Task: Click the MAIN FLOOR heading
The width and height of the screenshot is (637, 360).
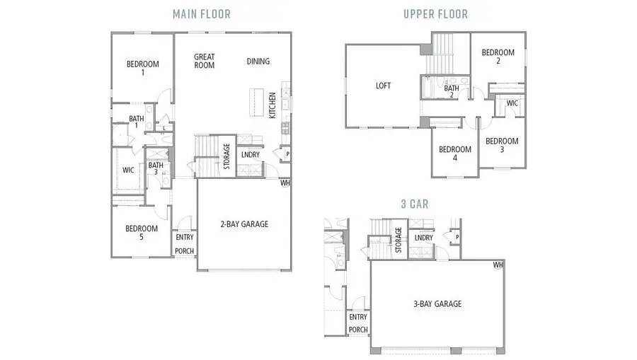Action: pos(201,13)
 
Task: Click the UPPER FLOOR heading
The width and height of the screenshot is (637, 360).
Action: pos(435,13)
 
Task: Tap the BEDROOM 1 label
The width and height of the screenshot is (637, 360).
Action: pos(142,69)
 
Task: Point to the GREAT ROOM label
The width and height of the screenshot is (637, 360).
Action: pos(204,62)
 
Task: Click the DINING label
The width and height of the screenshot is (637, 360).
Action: pos(258,62)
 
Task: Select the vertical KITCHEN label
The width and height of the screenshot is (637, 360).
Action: pos(272,107)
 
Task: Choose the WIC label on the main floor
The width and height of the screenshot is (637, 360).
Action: pos(128,170)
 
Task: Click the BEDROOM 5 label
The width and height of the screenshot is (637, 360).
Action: pos(142,233)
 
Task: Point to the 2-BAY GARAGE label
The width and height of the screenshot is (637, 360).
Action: pos(244,224)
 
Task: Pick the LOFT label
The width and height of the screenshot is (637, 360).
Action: pos(383,86)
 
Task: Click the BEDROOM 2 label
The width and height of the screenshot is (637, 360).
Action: pos(498,57)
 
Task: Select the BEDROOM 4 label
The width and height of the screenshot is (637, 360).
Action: pos(454,153)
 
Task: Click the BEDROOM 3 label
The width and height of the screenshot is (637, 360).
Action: pos(502,145)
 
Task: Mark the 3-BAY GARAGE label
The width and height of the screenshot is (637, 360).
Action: pos(437,304)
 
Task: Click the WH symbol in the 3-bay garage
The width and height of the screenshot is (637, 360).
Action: pos(498,265)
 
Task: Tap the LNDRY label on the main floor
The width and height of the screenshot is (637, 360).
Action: pos(250,154)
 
